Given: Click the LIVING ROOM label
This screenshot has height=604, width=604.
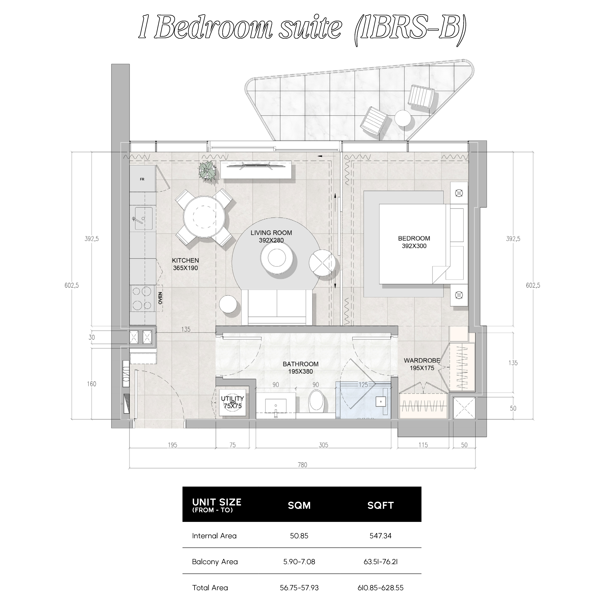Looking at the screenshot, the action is pyautogui.click(x=271, y=233).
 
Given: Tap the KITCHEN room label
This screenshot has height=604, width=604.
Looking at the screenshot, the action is pyautogui.click(x=185, y=260).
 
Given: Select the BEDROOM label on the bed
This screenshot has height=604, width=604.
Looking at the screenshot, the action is pyautogui.click(x=414, y=238).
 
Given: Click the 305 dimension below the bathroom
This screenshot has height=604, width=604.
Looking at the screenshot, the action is pyautogui.click(x=323, y=445).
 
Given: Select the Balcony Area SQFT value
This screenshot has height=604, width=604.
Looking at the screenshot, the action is pyautogui.click(x=381, y=562).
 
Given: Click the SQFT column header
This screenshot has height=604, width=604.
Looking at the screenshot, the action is pyautogui.click(x=381, y=505).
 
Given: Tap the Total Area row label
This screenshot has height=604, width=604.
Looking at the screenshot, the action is pyautogui.click(x=210, y=588).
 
